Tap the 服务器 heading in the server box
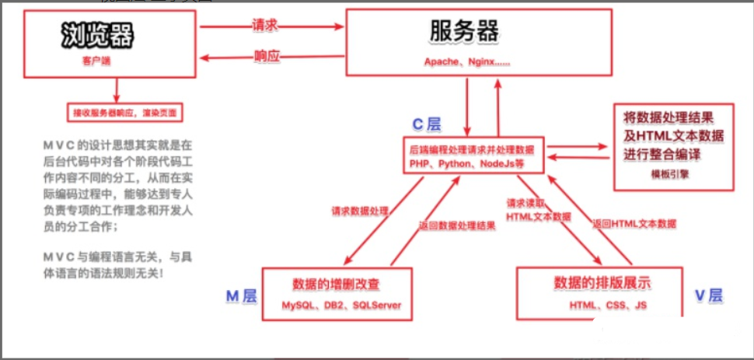[465, 32]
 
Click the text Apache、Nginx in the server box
[467, 61]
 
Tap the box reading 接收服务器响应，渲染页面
[125, 113]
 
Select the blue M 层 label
[242, 295]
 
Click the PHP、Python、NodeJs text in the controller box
[467, 165]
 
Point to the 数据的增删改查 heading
[336, 284]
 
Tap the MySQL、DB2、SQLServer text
[336, 306]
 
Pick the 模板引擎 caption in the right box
[674, 174]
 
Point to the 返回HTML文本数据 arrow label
[634, 223]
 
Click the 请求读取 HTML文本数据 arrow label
[541, 208]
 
